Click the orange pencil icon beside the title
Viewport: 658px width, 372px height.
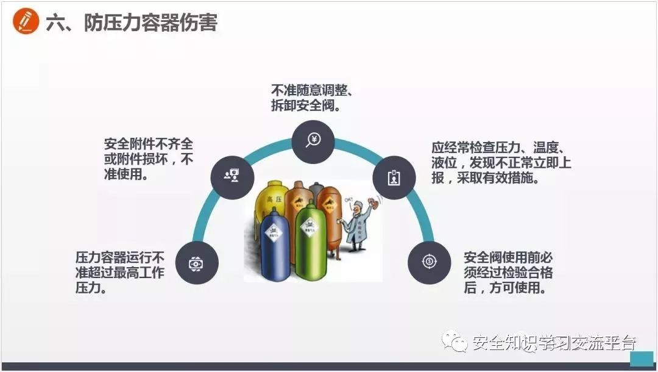[25, 23]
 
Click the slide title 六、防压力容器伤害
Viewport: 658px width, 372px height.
[132, 23]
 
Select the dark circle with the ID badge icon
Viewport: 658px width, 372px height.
[394, 177]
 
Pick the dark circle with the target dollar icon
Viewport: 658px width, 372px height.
[429, 262]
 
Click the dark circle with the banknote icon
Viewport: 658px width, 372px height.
[196, 263]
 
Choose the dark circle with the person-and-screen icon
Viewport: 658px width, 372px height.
[232, 176]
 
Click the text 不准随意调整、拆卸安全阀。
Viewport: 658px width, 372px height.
[312, 98]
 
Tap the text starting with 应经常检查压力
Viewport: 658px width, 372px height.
[501, 163]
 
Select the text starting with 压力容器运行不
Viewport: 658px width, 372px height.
[120, 272]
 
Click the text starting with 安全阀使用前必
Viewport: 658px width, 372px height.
[508, 272]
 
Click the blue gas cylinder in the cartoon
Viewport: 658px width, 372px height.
[275, 244]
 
